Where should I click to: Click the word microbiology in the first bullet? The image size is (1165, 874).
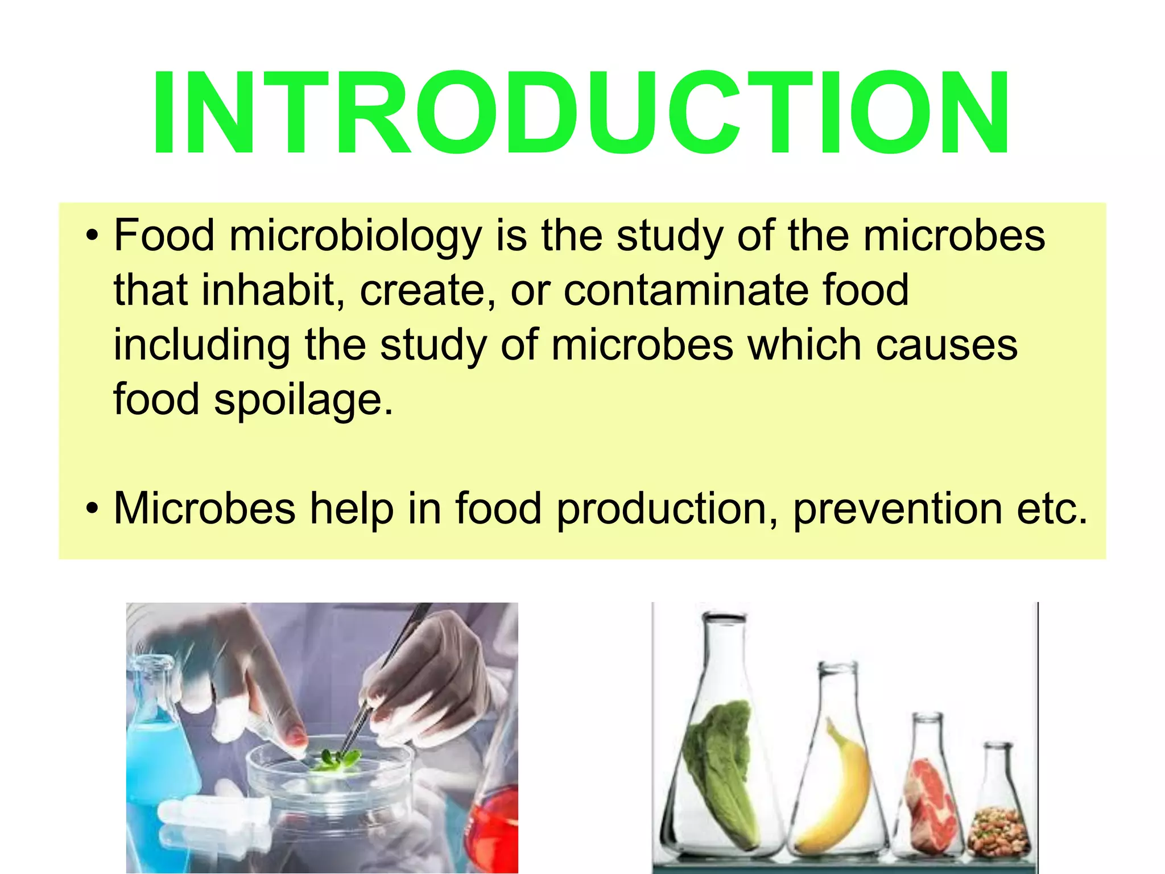point(356,236)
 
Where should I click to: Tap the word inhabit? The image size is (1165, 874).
point(272,290)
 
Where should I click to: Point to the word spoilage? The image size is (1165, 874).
point(303,399)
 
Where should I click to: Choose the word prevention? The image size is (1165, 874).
point(897,508)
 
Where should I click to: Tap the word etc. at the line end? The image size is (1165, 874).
point(1052,508)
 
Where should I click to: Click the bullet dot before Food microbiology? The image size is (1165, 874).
point(92,236)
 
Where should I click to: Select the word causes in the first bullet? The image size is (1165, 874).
point(947,345)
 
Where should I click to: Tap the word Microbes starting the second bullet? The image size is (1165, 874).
point(205,508)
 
